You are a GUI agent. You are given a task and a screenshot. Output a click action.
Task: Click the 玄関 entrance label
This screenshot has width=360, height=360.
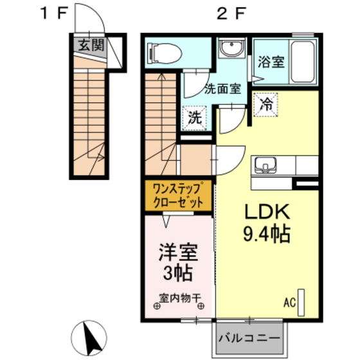(x=90, y=45)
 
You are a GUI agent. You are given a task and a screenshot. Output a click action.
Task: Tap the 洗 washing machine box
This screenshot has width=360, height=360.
(x=194, y=118)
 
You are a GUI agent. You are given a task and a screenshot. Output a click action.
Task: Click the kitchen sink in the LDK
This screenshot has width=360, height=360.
(x=264, y=166)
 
